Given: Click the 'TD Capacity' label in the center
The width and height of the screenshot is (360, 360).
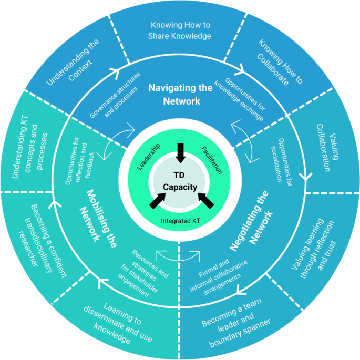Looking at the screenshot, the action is tap(180, 181).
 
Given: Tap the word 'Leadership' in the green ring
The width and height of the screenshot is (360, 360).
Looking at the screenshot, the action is tap(149, 157).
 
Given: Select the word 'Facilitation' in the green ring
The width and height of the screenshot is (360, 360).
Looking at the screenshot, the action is tap(212, 160).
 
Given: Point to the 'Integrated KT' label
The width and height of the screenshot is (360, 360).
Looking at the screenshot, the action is tap(180, 221).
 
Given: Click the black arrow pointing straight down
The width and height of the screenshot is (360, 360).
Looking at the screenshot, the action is tap(180, 153).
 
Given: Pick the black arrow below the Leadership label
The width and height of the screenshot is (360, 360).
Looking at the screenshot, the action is tap(158, 201).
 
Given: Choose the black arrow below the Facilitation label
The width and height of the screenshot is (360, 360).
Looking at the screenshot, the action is tap(205, 201).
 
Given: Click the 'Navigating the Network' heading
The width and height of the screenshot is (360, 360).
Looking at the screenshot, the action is tap(181, 95).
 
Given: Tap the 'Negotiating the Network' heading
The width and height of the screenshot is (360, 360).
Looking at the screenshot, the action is tap(251, 221).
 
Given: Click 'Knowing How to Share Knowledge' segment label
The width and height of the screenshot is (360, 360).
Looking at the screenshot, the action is tap(180, 30).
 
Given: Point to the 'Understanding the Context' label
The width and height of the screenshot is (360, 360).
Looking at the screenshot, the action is tap(73, 62).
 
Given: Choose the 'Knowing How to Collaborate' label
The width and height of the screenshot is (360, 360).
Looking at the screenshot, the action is tap(280, 62).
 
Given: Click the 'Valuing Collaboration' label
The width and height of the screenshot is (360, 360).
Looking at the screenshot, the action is tap(327, 148).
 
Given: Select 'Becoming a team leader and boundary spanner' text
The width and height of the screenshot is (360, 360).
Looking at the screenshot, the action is tap(236, 323).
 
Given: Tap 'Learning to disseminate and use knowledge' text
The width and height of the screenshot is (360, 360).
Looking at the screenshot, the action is tap(118, 323).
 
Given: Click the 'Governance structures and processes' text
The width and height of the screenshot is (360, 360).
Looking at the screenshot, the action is tap(115, 95).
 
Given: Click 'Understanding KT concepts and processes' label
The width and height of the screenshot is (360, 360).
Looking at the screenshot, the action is tap(29, 148).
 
